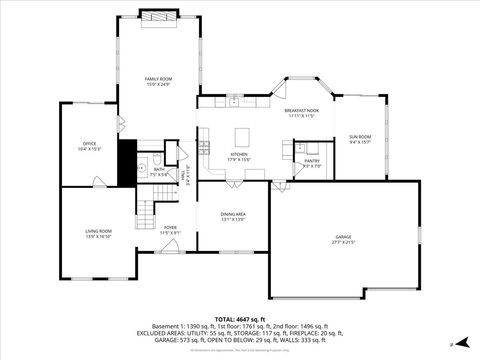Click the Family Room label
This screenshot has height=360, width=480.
tap(158, 78)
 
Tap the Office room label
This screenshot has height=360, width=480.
tap(89, 146)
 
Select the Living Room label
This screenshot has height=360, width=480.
tap(98, 231)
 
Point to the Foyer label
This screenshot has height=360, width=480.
tap(170, 227)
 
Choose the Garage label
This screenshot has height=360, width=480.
tap(343, 237)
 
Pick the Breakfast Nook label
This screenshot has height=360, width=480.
tap(301, 110)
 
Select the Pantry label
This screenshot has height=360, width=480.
tap(312, 160)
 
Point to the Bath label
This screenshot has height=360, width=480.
tap(159, 169)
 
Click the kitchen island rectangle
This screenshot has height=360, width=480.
tap(241, 135)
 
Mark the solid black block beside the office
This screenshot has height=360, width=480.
tap(126, 163)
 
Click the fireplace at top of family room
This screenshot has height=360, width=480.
tap(157, 15)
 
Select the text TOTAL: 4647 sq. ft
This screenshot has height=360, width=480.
tap(240, 318)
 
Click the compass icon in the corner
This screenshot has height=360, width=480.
tap(452, 343)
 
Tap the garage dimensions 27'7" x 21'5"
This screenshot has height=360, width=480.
tap(343, 242)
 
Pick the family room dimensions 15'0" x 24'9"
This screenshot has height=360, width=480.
tap(158, 83)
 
